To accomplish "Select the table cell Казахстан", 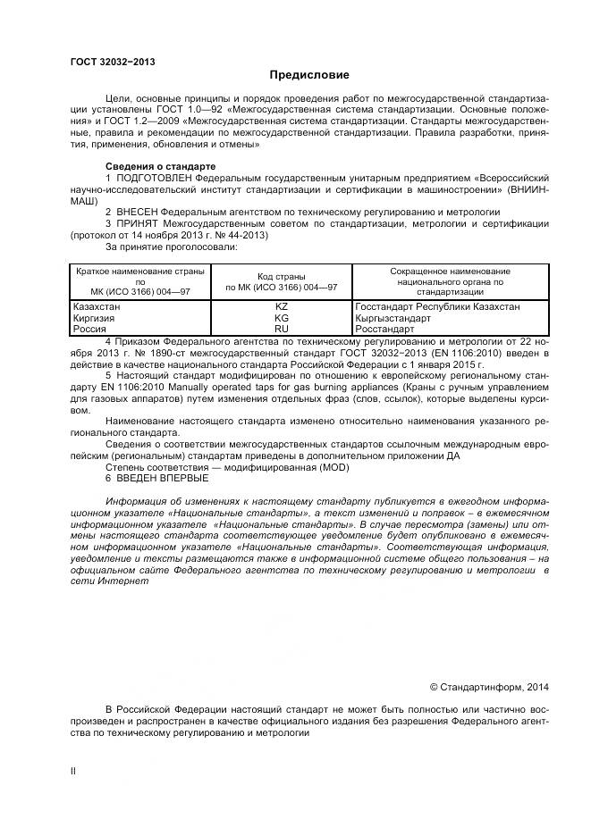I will point(96,306).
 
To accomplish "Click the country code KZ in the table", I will point(281,306).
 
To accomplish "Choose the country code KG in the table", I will point(281,317).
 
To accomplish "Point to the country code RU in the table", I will point(281,328).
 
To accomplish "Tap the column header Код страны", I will point(281,276).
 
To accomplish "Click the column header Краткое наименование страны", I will point(139,271).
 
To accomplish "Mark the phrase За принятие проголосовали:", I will point(172,247).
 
